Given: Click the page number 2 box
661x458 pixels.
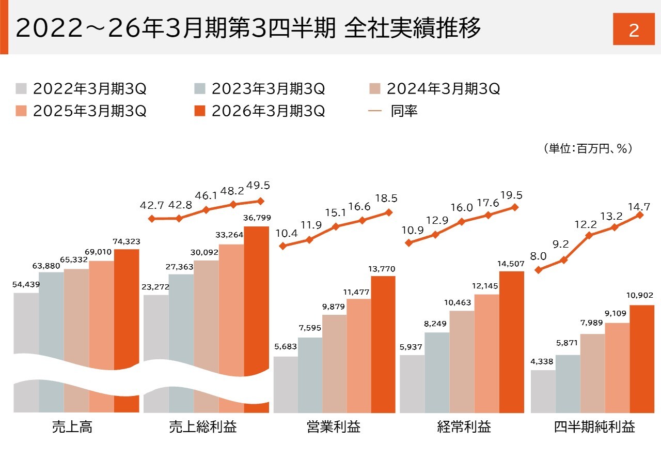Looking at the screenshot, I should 634,30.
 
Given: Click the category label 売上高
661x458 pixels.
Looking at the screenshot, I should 72,428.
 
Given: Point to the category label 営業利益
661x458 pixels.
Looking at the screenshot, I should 333,428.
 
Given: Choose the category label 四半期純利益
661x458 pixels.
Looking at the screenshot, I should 594,428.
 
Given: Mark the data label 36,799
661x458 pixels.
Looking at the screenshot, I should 257,218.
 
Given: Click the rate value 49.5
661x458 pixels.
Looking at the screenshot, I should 258,185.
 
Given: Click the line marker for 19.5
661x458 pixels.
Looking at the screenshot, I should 514,207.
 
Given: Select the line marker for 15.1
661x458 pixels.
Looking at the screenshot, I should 336,226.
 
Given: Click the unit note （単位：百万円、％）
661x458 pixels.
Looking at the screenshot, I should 588,149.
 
